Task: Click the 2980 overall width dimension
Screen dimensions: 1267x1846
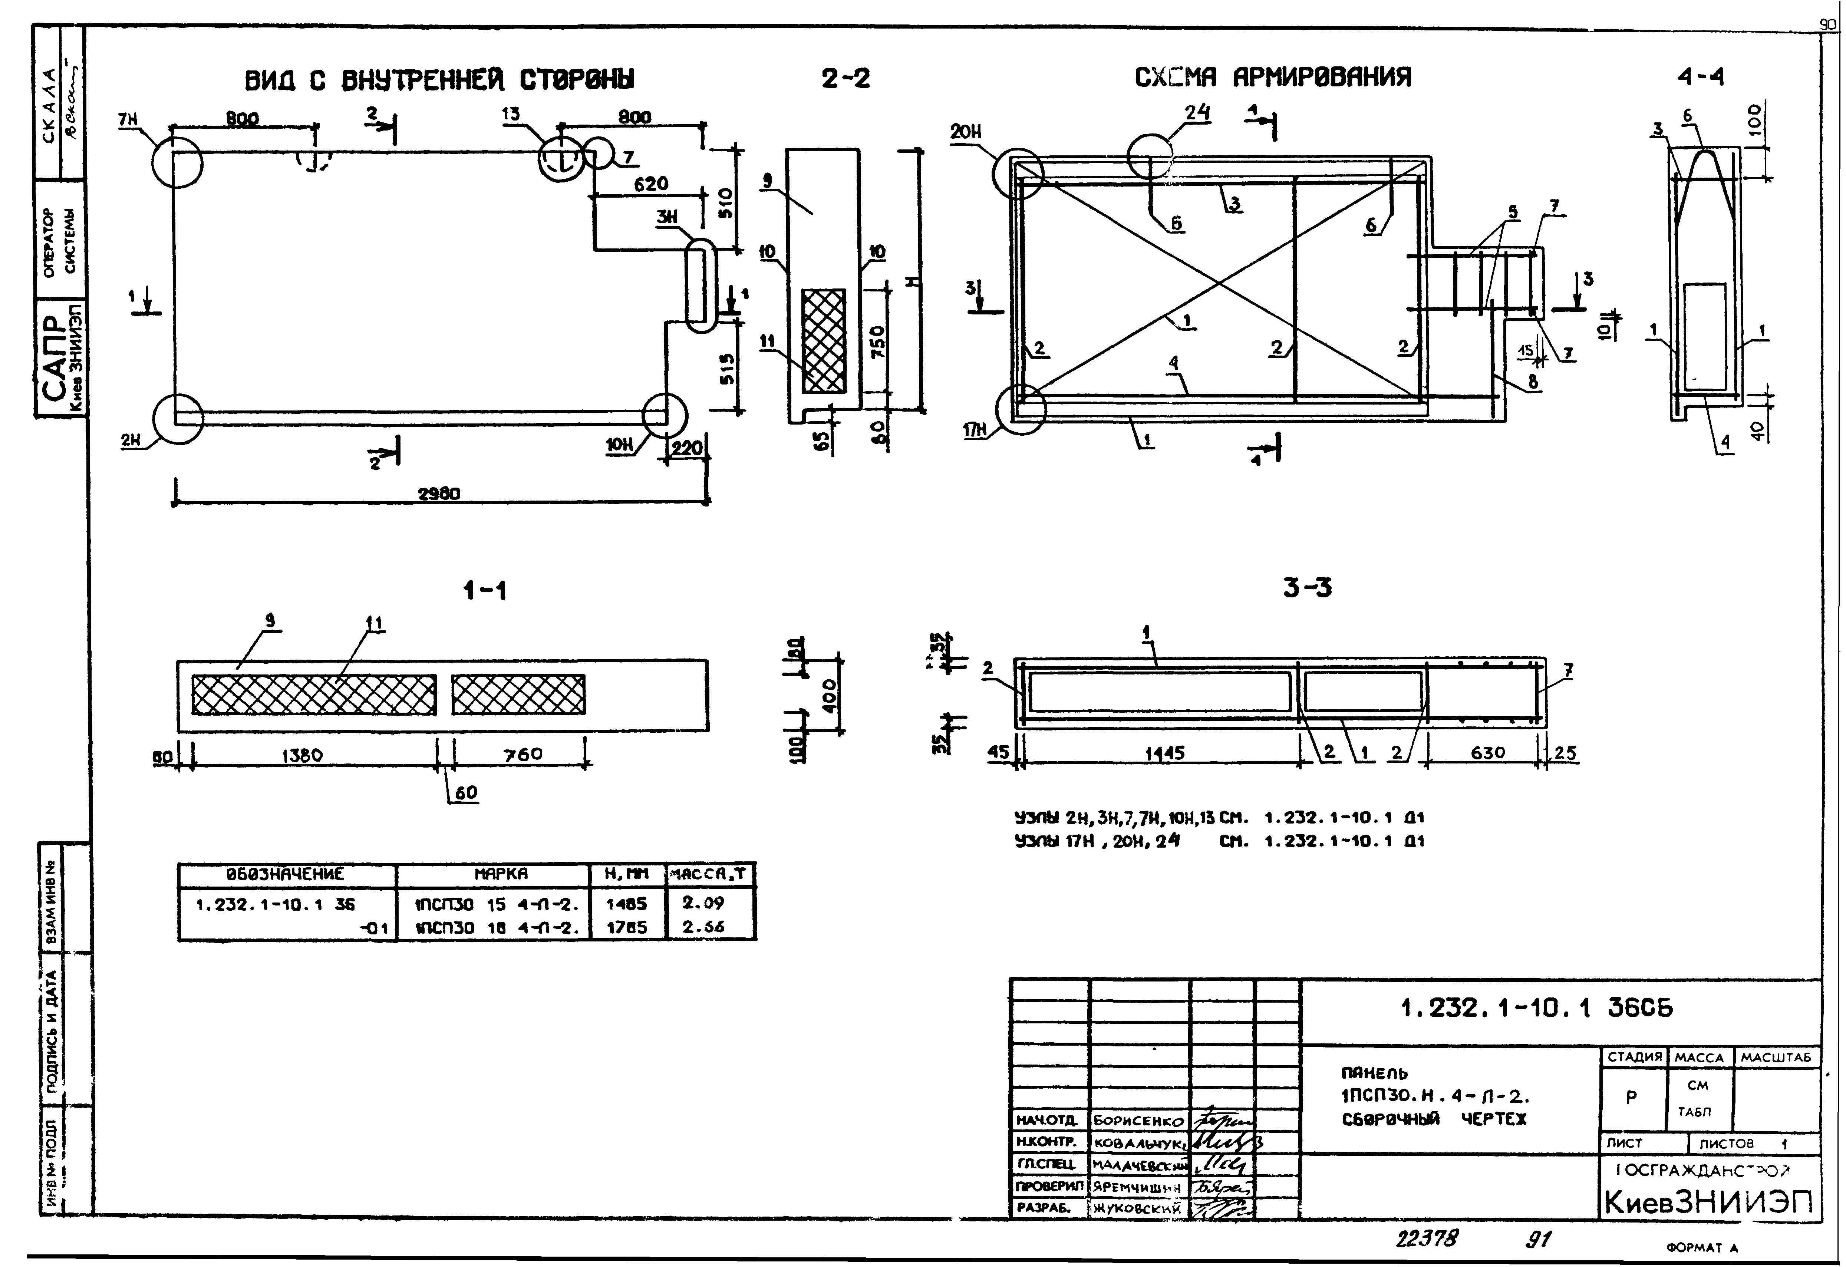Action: click(x=439, y=493)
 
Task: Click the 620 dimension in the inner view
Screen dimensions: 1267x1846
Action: click(x=650, y=184)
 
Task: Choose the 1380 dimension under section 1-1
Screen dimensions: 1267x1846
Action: click(x=302, y=755)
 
